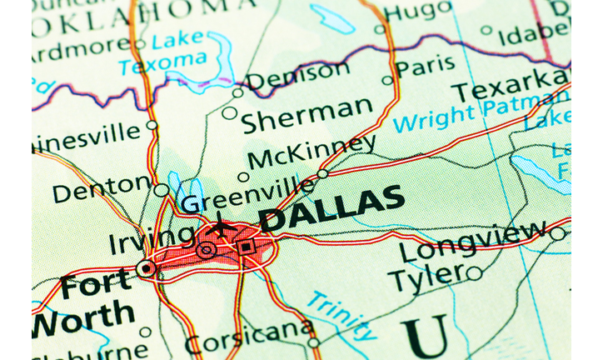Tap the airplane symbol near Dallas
222,225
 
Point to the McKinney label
311,152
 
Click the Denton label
100,190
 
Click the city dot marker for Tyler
474,272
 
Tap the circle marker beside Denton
161,190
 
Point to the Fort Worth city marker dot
147,268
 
